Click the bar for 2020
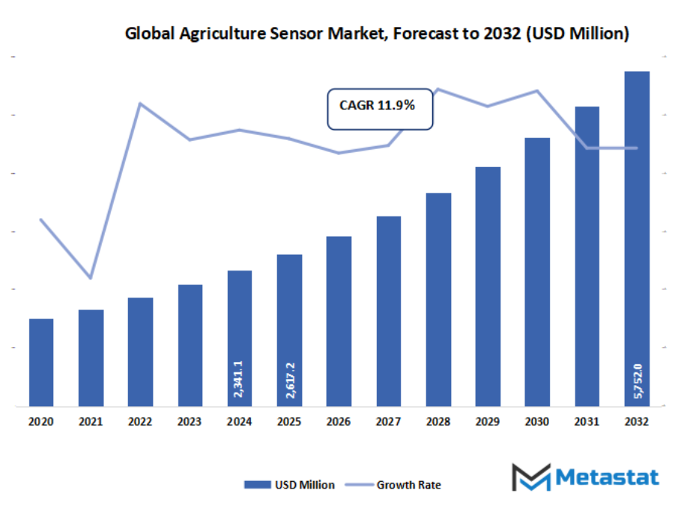[41, 363]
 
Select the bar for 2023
[190, 345]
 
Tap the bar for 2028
[438, 300]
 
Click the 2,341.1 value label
[239, 378]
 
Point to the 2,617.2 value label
[289, 379]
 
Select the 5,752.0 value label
[638, 382]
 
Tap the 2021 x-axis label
[91, 423]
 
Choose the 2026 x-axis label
[339, 423]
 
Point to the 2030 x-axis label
[537, 423]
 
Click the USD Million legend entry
[289, 485]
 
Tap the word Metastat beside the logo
[608, 477]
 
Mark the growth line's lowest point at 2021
[91, 278]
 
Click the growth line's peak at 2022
[140, 103]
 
